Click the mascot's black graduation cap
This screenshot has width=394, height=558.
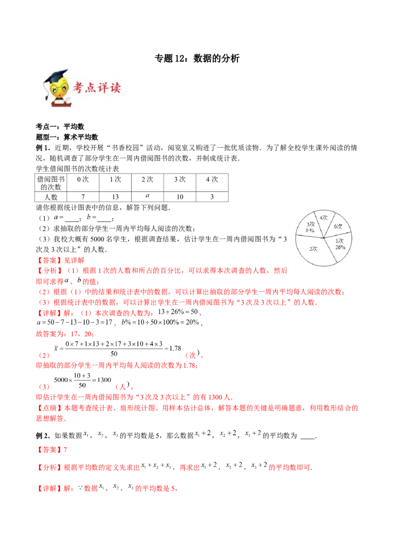58,75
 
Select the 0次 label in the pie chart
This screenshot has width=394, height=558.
338,226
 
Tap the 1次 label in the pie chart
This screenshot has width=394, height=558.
340,241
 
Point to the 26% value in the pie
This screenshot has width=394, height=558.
340,247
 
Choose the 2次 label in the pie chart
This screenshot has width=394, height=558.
313,249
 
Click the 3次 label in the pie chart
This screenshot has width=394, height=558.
310,224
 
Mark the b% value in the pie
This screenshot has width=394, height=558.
309,230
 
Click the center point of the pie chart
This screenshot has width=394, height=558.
323,237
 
